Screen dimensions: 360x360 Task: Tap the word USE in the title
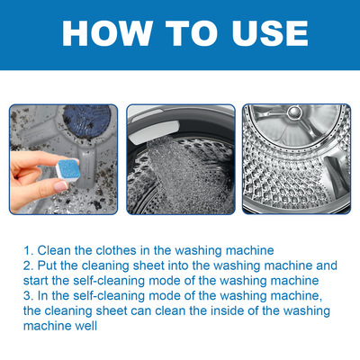[270, 33]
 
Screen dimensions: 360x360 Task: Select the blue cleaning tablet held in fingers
[67, 170]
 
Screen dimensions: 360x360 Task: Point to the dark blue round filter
[87, 120]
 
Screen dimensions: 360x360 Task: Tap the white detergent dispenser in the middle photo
[155, 132]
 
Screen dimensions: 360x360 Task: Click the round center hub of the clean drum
[294, 112]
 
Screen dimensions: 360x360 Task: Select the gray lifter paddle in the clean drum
[336, 177]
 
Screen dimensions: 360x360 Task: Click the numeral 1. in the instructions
[29, 250]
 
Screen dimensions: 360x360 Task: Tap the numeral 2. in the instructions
[29, 265]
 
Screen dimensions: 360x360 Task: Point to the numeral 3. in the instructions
[29, 296]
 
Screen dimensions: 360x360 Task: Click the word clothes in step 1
[116, 250]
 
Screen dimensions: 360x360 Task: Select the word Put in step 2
[48, 265]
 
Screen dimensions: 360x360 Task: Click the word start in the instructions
[36, 281]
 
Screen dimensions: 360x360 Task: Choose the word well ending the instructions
[85, 326]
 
